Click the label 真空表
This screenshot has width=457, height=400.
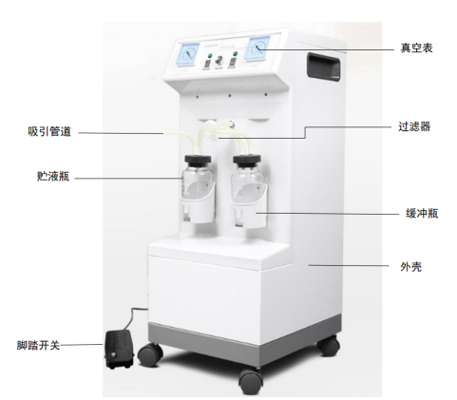click(x=416, y=48)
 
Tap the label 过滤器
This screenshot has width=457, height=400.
click(x=414, y=126)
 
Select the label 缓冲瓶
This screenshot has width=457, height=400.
click(x=422, y=213)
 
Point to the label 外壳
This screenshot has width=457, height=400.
click(x=410, y=267)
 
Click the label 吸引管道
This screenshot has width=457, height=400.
click(x=49, y=131)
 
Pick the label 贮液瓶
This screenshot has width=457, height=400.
click(x=53, y=176)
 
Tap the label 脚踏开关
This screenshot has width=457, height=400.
click(x=38, y=345)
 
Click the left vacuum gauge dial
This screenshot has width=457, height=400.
click(x=189, y=54)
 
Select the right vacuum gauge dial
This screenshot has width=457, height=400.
click(x=258, y=48)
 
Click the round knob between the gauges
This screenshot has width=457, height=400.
click(x=219, y=60)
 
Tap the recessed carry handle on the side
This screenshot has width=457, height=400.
click(x=323, y=67)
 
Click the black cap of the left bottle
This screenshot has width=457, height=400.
click(x=198, y=159)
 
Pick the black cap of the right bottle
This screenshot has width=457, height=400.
click(x=247, y=160)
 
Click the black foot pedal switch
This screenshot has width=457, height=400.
click(x=119, y=349)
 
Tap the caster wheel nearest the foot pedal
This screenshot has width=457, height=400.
click(x=150, y=354)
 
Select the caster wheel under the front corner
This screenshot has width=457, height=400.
click(x=251, y=381)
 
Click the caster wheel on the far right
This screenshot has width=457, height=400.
click(x=329, y=345)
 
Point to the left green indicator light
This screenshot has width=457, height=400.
click(x=209, y=55)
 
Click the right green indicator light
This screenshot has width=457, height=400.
click(x=235, y=53)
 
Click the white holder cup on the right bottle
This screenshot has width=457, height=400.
click(x=249, y=209)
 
